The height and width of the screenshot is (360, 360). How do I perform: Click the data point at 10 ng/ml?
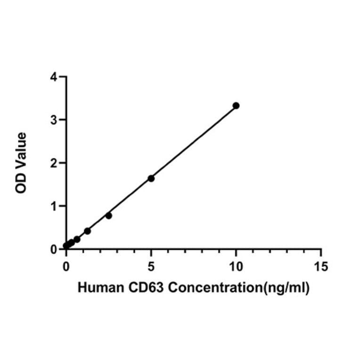pyautogui.click(x=236, y=106)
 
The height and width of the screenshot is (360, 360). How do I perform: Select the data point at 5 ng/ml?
pyautogui.click(x=151, y=178)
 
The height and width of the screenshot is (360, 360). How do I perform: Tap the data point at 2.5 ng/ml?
pyautogui.click(x=109, y=215)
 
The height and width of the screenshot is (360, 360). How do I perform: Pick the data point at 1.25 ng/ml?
pyautogui.click(x=87, y=231)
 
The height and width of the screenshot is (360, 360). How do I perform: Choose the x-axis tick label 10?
pyautogui.click(x=236, y=267)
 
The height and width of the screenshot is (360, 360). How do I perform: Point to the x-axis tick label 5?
pyautogui.click(x=151, y=267)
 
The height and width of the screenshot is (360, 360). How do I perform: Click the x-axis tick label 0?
pyautogui.click(x=66, y=267)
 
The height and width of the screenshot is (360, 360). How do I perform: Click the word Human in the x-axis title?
pyautogui.click(x=98, y=287)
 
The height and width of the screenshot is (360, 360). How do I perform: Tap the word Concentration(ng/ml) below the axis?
pyautogui.click(x=238, y=288)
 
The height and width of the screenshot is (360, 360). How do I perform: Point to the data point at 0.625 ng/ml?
pyautogui.click(x=77, y=239)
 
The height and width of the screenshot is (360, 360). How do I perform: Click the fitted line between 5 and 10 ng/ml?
pyautogui.click(x=194, y=142)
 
